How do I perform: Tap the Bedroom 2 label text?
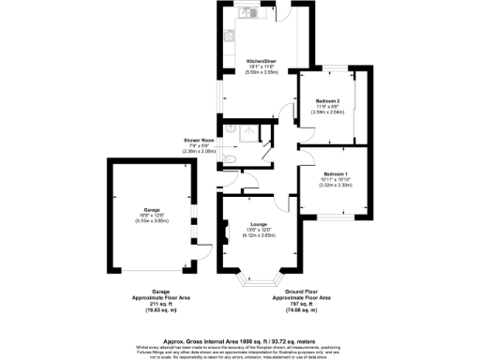pyautogui.click(x=326, y=99)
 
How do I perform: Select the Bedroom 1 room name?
pyautogui.click(x=335, y=173)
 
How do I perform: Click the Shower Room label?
pyautogui.click(x=200, y=141)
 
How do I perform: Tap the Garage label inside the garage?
pyautogui.click(x=151, y=209)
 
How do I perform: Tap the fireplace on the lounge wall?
pyautogui.click(x=226, y=228)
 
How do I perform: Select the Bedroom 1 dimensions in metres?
pyautogui.click(x=335, y=185)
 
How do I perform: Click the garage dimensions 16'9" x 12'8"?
pyautogui.click(x=151, y=216)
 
